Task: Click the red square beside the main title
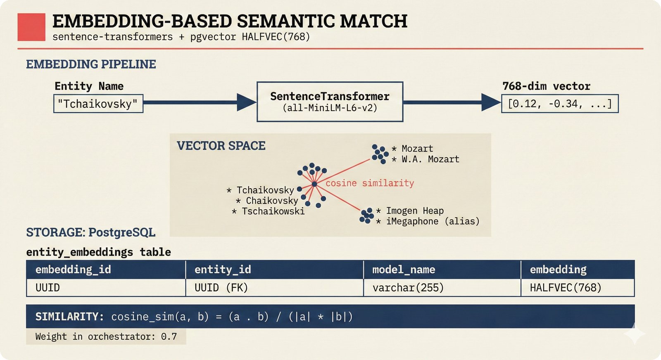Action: [31, 27]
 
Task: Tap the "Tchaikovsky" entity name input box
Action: [98, 104]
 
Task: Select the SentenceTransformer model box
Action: [330, 102]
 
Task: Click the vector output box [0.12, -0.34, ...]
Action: [560, 104]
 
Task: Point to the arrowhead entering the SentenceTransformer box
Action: [247, 102]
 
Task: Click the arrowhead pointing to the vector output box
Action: [491, 102]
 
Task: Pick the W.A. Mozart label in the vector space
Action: [430, 159]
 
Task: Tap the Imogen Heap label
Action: [414, 211]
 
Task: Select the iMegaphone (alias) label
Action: [433, 221]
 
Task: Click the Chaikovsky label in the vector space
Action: [271, 201]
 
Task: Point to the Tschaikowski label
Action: [273, 211]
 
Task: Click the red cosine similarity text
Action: [370, 183]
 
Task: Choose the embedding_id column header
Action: [73, 270]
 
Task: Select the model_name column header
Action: [404, 270]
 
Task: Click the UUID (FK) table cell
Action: [221, 288]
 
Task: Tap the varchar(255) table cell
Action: [408, 288]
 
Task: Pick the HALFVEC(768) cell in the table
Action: [566, 288]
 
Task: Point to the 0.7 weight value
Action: [169, 336]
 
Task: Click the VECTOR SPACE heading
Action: [221, 146]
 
